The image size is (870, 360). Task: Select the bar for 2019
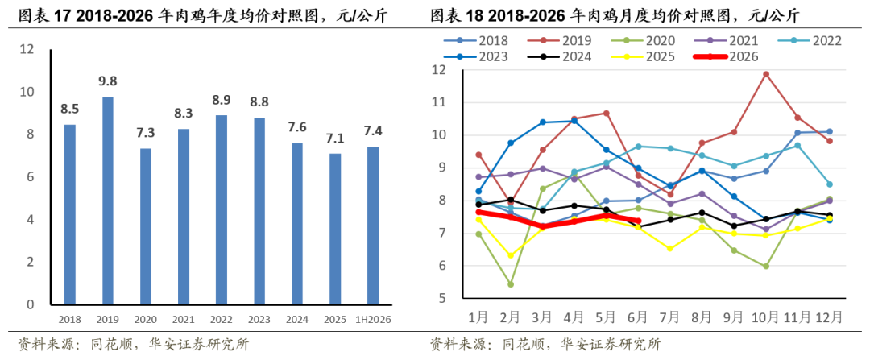(x=108, y=201)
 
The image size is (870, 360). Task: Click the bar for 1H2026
(x=373, y=226)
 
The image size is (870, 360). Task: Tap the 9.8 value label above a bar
(x=108, y=81)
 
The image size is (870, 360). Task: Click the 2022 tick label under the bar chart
(x=222, y=320)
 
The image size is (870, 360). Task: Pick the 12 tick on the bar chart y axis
(x=27, y=49)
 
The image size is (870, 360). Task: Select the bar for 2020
(x=145, y=227)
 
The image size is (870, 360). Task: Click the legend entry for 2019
(x=561, y=40)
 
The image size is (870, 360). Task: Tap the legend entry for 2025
(x=643, y=56)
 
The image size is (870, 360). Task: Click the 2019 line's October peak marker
(x=766, y=74)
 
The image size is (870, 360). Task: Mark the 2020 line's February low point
(x=511, y=284)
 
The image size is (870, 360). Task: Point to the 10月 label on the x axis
(x=766, y=317)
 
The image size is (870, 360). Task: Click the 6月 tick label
(x=638, y=317)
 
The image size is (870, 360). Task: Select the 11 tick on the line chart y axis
(x=440, y=102)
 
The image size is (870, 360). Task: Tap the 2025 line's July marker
(x=670, y=249)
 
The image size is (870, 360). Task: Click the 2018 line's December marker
(x=830, y=131)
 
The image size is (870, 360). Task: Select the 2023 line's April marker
(x=574, y=121)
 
